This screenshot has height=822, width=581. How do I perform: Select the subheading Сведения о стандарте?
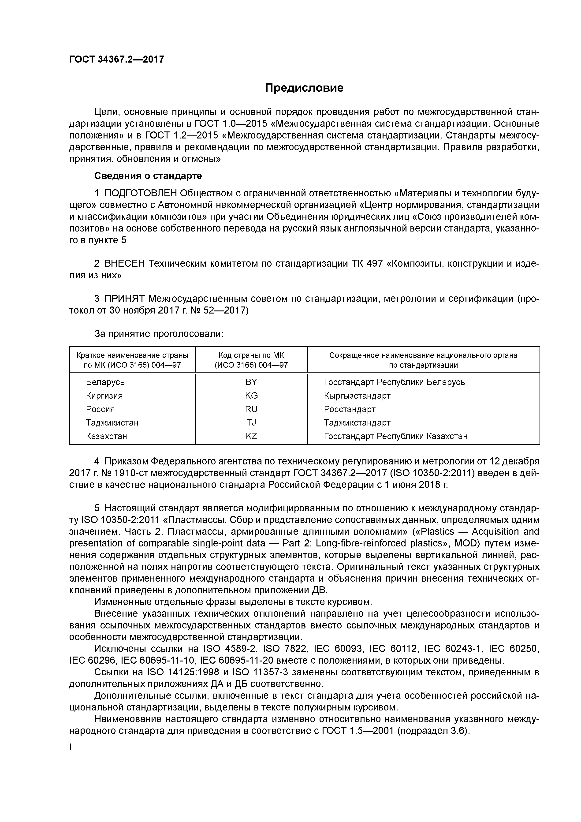pos(148,176)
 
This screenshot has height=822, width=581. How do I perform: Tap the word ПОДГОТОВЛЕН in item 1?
pos(141,193)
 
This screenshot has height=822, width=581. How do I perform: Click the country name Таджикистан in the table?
pos(112,423)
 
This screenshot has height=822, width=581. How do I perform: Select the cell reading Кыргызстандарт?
pos(357,396)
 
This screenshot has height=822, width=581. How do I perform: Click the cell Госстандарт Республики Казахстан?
pos(395,436)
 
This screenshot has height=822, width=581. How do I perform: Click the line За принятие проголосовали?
pos(159,334)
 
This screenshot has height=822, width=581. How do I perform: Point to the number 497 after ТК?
pos(374,264)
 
